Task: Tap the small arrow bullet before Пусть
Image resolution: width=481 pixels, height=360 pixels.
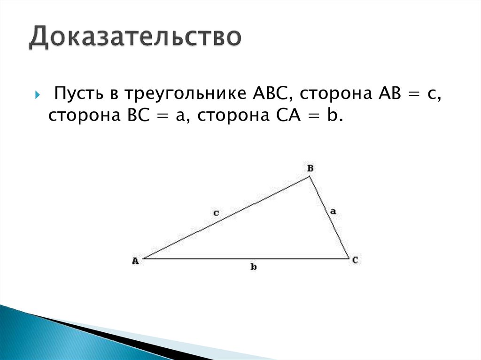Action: [38, 94]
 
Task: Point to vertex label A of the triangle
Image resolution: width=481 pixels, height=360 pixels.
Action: [135, 261]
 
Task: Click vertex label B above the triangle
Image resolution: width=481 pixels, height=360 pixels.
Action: [310, 168]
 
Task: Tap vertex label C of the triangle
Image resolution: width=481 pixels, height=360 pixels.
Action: [356, 259]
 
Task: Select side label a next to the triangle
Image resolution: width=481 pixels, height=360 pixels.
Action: [333, 212]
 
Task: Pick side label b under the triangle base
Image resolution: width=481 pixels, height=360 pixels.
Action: [253, 267]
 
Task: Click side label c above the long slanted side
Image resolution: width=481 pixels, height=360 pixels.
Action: [216, 213]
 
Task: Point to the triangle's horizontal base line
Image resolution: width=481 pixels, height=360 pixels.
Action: [244, 258]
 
